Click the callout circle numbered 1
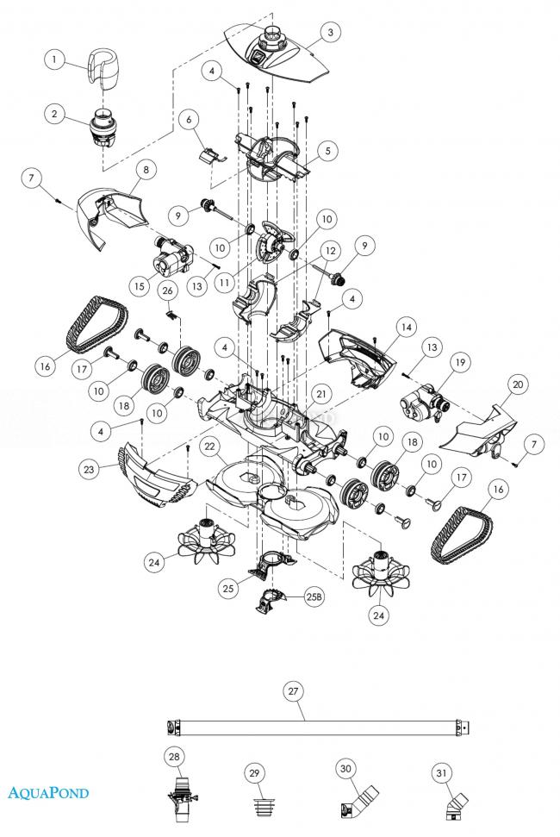pyautogui.click(x=54, y=59)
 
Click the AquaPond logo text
pyautogui.click(x=48, y=792)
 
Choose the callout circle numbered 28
pyautogui.click(x=175, y=757)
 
